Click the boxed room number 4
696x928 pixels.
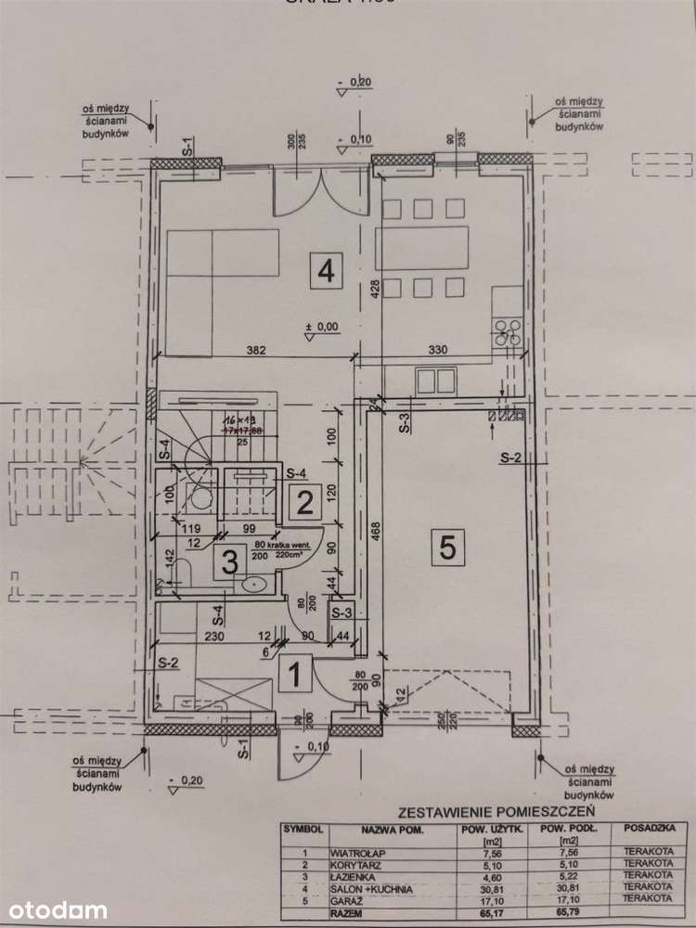point(325,271)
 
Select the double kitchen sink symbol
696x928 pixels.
point(435,381)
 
